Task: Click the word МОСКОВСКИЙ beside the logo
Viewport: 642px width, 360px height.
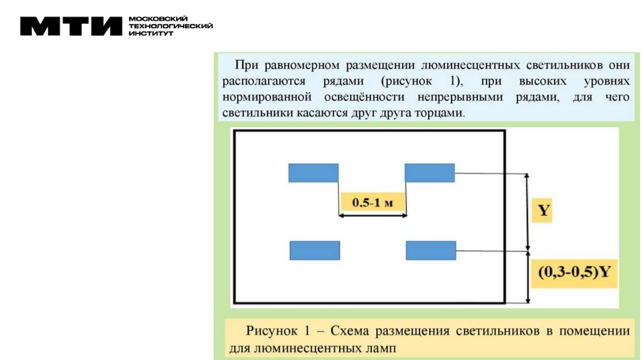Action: [149, 19]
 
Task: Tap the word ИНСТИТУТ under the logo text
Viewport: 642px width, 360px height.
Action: [145, 33]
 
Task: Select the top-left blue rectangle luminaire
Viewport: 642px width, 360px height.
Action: [313, 172]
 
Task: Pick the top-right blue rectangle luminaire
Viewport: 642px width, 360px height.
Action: [429, 172]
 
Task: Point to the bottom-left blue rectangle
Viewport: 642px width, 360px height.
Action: [315, 250]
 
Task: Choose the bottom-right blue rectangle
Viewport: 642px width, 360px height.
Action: [431, 250]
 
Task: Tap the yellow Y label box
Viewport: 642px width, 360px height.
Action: [544, 211]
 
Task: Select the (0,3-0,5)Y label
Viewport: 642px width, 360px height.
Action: [574, 273]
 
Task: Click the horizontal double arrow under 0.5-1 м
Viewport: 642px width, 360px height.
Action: [373, 216]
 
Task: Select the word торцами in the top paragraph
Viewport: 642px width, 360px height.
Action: [443, 114]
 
